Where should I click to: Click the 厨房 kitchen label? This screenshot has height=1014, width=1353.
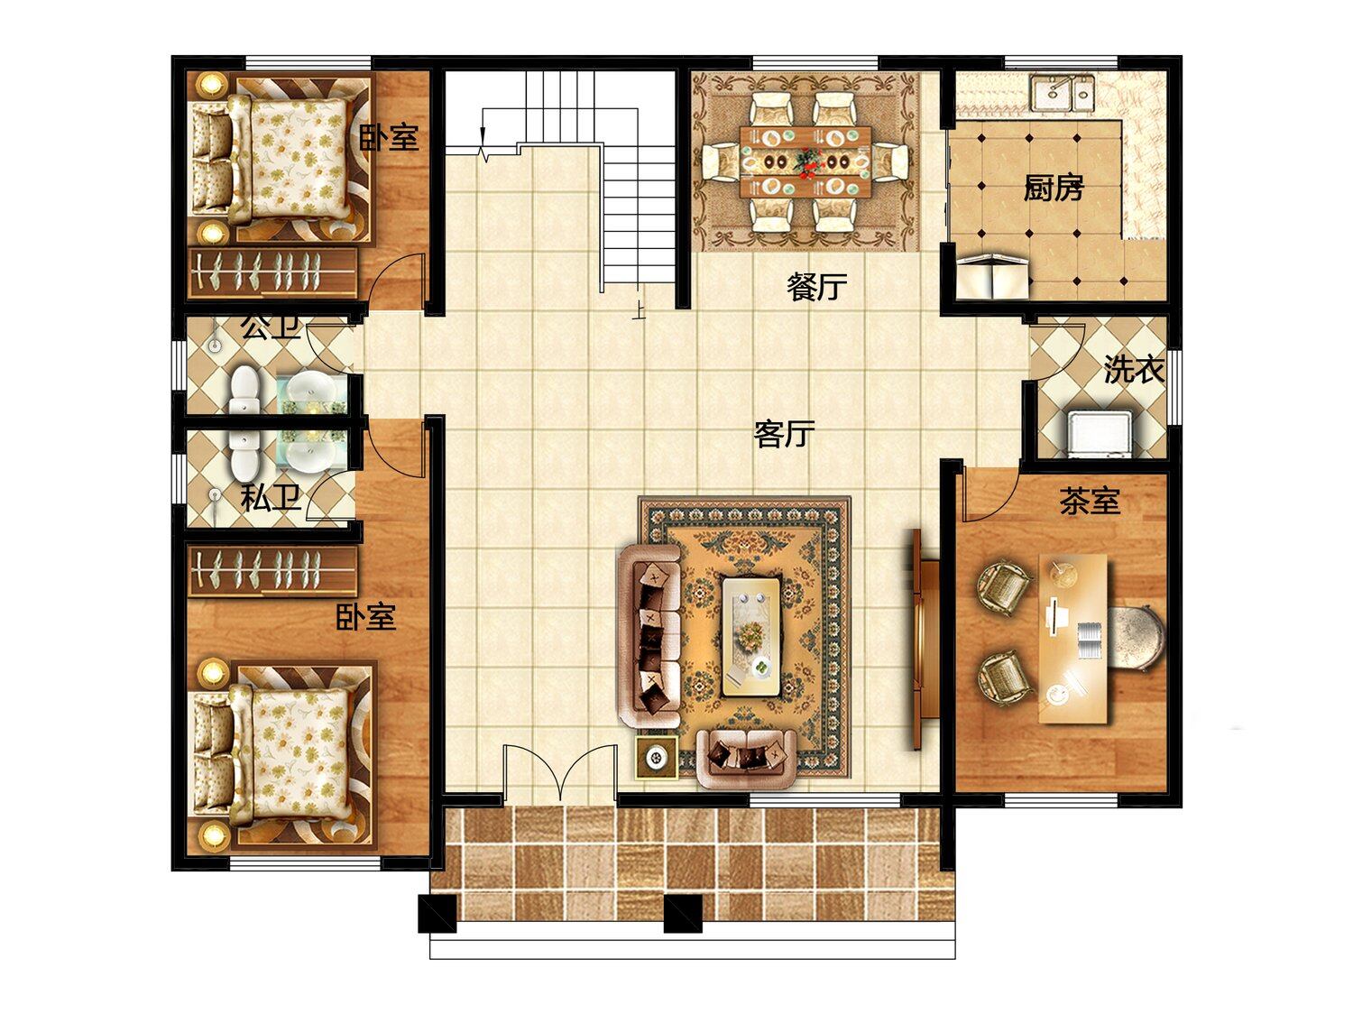point(1053,188)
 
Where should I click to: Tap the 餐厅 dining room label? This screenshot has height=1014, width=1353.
point(816,287)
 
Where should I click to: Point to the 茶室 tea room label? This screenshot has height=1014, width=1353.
point(1090,501)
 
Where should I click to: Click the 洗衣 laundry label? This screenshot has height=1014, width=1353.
point(1134,370)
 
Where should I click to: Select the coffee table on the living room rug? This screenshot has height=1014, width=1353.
point(751,636)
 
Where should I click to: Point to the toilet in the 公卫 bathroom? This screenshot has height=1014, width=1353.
point(244,389)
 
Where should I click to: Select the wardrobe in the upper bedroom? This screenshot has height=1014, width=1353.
point(272,272)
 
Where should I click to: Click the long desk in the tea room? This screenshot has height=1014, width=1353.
point(1073,638)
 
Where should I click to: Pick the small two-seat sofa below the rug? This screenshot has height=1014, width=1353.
point(747,758)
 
